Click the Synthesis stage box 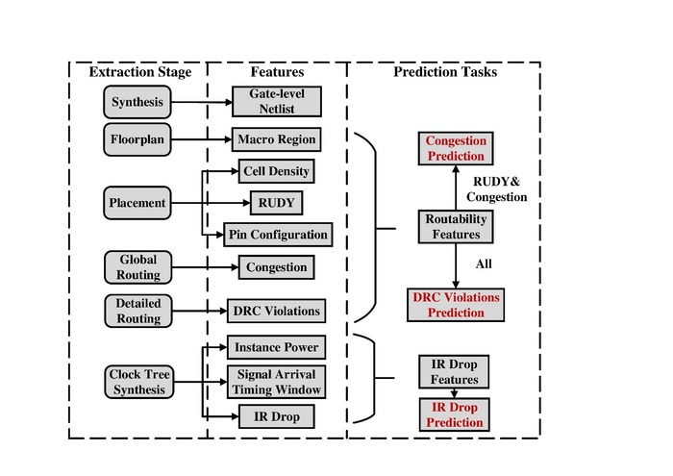pyautogui.click(x=137, y=102)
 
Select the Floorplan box pyautogui.click(x=137, y=139)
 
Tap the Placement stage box pyautogui.click(x=137, y=203)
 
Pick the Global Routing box pyautogui.click(x=137, y=267)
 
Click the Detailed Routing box pyautogui.click(x=137, y=311)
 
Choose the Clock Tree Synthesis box pyautogui.click(x=137, y=382)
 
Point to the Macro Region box pyautogui.click(x=276, y=139)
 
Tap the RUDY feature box pyautogui.click(x=276, y=203)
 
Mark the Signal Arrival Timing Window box pyautogui.click(x=275, y=382)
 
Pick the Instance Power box pyautogui.click(x=275, y=346)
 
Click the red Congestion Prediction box pyautogui.click(x=456, y=148)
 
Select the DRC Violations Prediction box pyautogui.click(x=456, y=305)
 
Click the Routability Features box pyautogui.click(x=456, y=227)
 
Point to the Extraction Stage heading pyautogui.click(x=140, y=72)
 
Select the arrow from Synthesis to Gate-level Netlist pyautogui.click(x=201, y=102)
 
